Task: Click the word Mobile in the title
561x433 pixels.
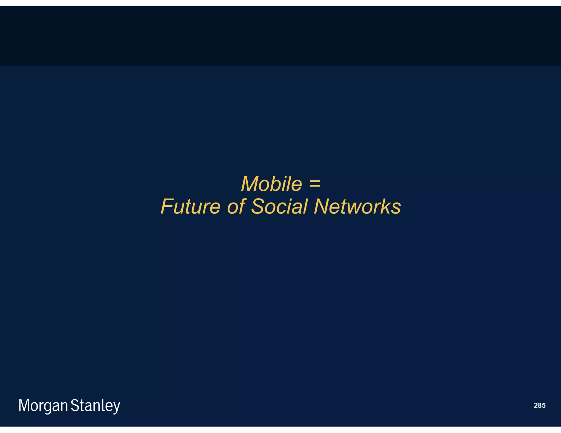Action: click(x=271, y=184)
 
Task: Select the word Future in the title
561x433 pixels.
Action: click(x=190, y=207)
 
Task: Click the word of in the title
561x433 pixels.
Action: click(x=236, y=207)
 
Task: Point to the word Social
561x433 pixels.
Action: click(x=279, y=207)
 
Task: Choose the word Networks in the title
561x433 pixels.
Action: click(x=357, y=207)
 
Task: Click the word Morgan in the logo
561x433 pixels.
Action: click(x=43, y=406)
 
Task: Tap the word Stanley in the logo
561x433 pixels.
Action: click(x=95, y=406)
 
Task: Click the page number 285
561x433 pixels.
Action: click(x=539, y=405)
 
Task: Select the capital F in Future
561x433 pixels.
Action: click(x=167, y=207)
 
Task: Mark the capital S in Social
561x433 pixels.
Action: click(x=259, y=207)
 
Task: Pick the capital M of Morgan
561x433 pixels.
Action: click(x=24, y=406)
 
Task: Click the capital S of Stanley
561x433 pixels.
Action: click(x=75, y=406)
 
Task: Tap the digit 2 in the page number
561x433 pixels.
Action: click(x=536, y=405)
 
